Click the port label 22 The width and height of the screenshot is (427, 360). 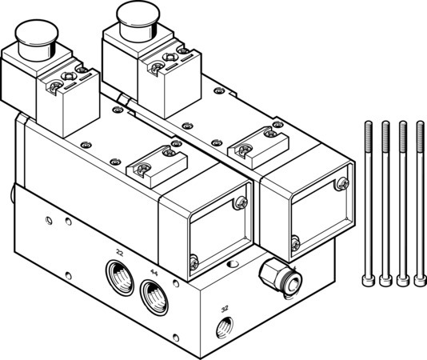pyautogui.click(x=119, y=253)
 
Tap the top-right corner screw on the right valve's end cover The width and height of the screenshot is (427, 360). pyautogui.click(x=345, y=183)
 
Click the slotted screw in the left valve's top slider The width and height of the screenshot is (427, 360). pyautogui.click(x=144, y=169)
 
